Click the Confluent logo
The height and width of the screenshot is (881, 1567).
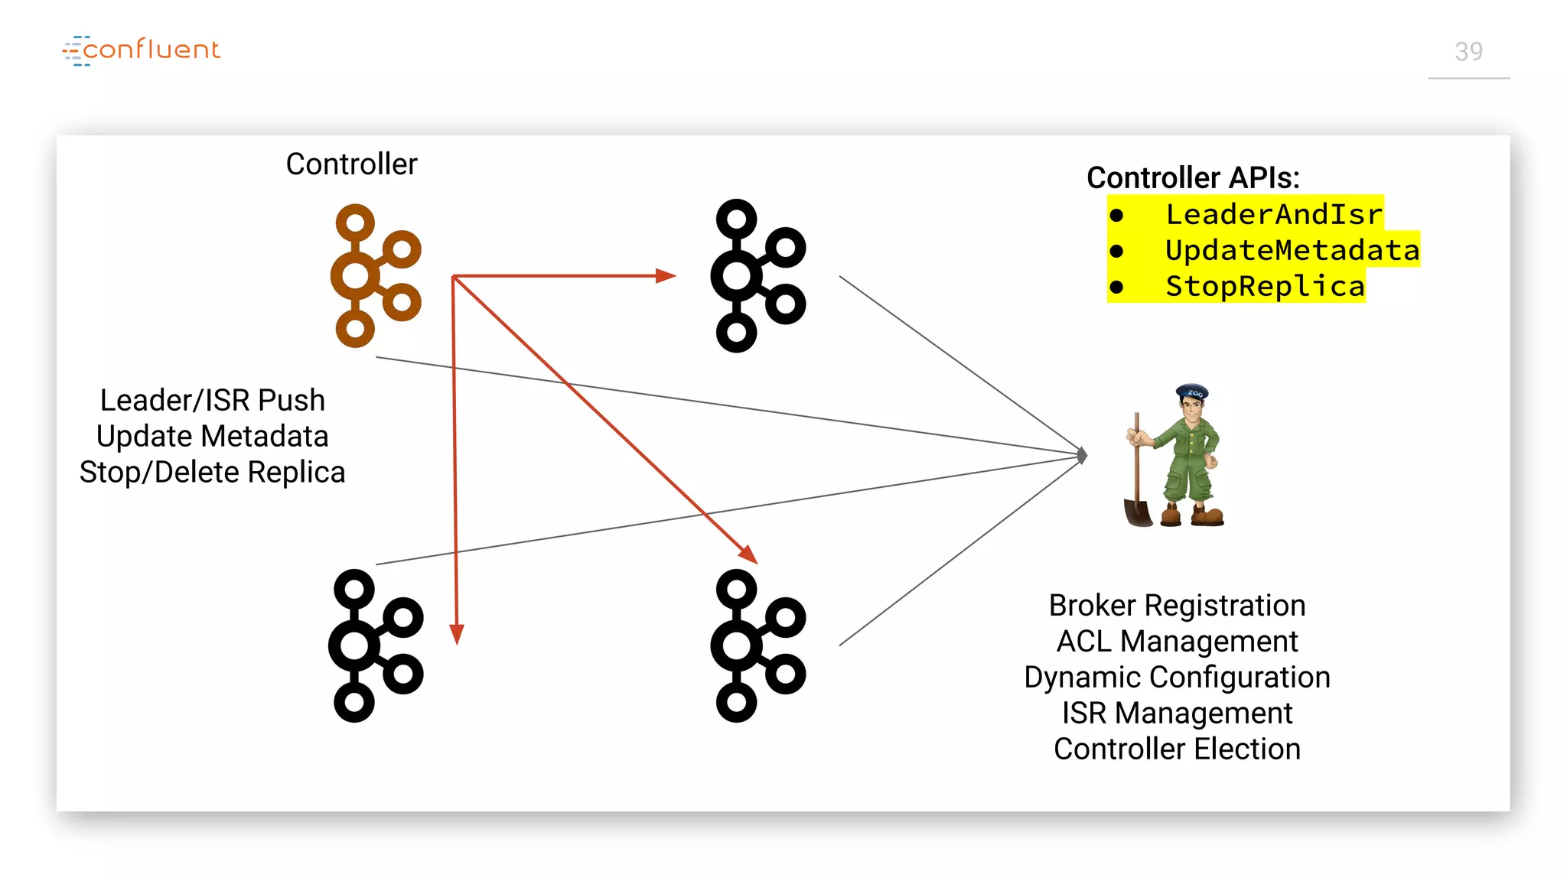click(x=142, y=50)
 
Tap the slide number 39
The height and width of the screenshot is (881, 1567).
click(x=1468, y=52)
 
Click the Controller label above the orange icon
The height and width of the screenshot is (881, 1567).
click(x=351, y=164)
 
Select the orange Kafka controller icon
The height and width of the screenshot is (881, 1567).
click(x=373, y=275)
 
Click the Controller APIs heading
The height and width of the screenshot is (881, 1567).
click(x=1192, y=177)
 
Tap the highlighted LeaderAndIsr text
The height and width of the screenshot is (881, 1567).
click(x=1273, y=214)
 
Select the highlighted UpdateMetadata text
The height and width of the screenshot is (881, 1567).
click(x=1292, y=250)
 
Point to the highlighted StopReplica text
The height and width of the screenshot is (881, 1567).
click(x=1264, y=286)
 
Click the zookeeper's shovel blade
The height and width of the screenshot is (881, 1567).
click(x=1138, y=512)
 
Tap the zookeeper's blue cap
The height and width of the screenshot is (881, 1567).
click(x=1192, y=392)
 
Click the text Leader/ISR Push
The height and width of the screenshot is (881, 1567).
click(x=212, y=400)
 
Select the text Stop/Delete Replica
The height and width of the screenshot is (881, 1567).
click(x=212, y=472)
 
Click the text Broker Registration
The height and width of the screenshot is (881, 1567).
click(x=1176, y=605)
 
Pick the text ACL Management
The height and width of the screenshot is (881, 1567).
click(x=1176, y=641)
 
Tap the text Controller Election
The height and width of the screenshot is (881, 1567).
click(x=1176, y=749)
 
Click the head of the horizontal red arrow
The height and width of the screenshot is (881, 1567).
click(x=666, y=275)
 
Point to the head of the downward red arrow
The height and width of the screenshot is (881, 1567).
click(x=457, y=635)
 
